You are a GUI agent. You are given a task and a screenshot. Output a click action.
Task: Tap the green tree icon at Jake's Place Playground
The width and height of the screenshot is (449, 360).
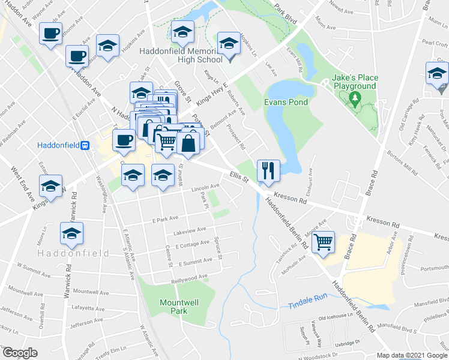355,98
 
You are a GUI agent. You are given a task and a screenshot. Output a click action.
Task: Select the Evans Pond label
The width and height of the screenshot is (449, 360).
286,102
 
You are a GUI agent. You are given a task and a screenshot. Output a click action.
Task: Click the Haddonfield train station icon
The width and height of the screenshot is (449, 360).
86,145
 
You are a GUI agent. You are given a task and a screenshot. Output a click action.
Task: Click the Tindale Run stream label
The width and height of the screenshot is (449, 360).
306,296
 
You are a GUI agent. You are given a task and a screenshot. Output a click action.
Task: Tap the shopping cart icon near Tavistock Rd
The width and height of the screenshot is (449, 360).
324,242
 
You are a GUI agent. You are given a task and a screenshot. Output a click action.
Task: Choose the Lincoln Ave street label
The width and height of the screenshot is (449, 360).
205,187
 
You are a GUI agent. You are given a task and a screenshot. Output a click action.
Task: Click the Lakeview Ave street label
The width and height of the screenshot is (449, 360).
190,230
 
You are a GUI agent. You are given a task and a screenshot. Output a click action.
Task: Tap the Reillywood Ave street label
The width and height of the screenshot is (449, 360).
189,277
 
